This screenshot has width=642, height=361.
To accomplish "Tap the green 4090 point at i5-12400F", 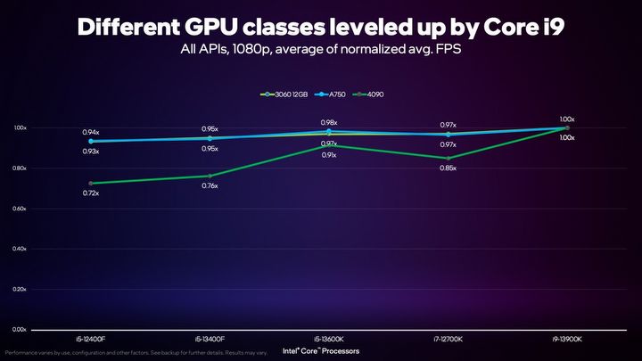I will click(x=91, y=184).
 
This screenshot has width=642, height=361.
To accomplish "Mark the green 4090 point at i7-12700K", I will click(x=449, y=159).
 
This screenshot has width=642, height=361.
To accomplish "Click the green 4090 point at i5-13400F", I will click(x=210, y=176).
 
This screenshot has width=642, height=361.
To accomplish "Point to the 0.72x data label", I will click(x=91, y=193).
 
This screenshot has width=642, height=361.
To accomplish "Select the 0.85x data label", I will click(x=449, y=168).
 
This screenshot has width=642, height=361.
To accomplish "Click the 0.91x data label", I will click(x=329, y=155).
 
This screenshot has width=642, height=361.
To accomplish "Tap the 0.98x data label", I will click(x=329, y=122).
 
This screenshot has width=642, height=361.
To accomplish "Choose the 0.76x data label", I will click(x=210, y=185).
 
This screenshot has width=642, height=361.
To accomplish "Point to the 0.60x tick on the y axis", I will click(x=19, y=209).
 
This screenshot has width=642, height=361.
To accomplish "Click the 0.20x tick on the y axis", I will click(x=19, y=290).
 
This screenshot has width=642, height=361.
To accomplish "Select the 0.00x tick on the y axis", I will click(x=19, y=330).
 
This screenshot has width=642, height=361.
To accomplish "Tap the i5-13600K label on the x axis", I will click(x=329, y=340).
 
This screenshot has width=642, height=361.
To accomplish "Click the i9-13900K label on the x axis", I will click(x=567, y=340).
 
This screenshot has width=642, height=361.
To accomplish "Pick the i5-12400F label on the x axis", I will click(x=91, y=340).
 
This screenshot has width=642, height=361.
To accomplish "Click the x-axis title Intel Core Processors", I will click(x=321, y=350).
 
